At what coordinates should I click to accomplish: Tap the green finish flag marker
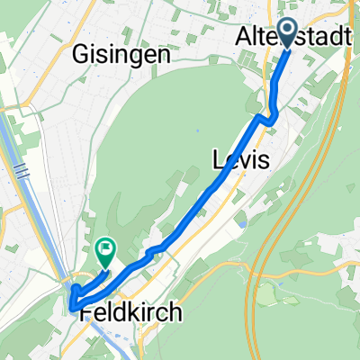[x=105, y=249]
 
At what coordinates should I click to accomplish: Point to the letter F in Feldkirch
[x=85, y=313]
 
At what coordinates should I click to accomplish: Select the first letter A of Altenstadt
[x=244, y=39]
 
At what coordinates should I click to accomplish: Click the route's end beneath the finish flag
[x=104, y=267]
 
